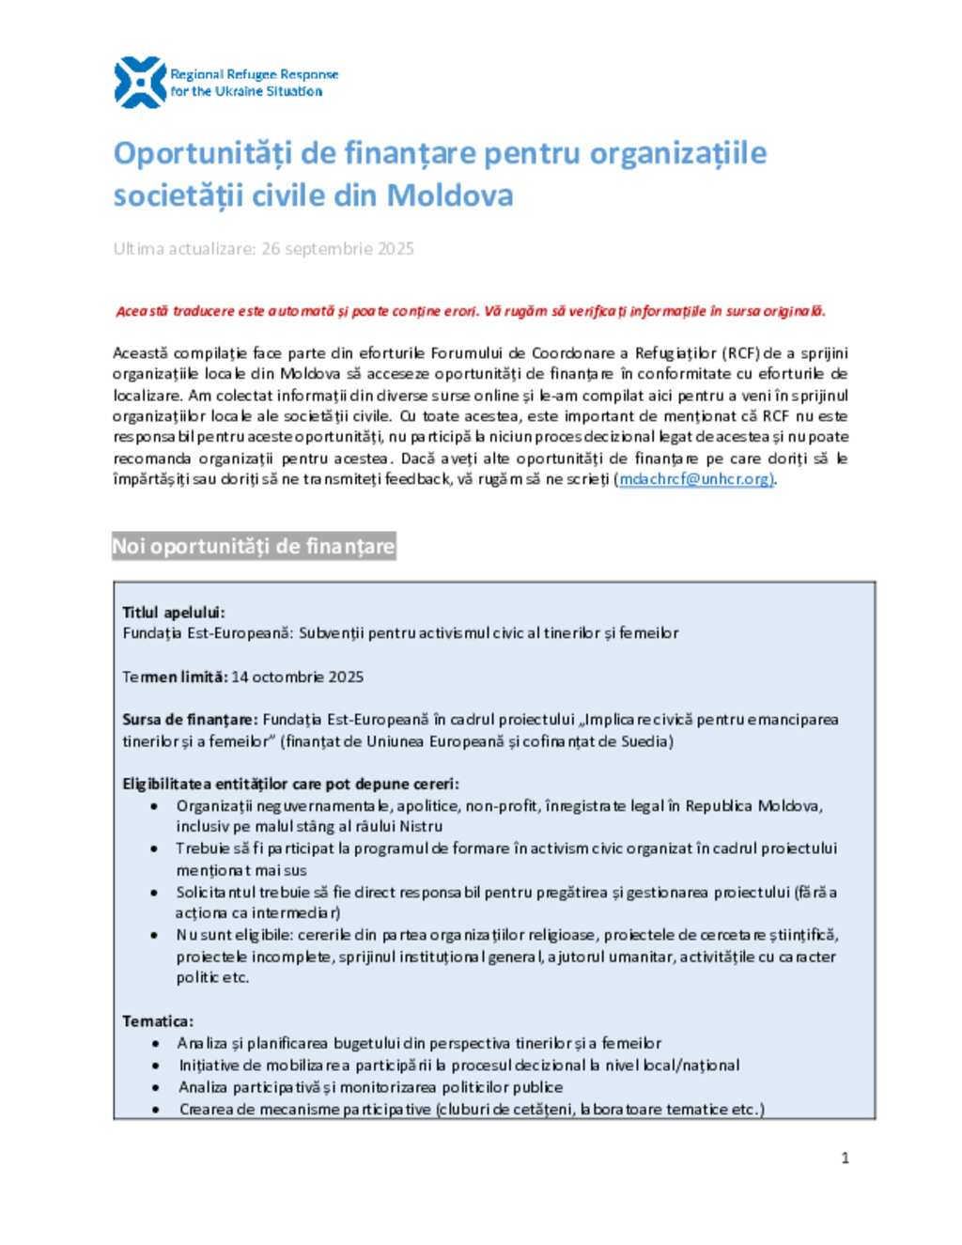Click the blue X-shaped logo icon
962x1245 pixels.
(x=140, y=83)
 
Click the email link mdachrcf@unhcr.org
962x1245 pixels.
(x=695, y=479)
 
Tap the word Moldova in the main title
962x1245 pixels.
(x=450, y=195)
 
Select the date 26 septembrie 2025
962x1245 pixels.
(x=337, y=249)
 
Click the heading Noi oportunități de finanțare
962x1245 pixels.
(x=253, y=547)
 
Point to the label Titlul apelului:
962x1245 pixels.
(x=174, y=613)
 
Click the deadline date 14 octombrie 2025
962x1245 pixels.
(x=297, y=677)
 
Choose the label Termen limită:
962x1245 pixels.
(x=175, y=677)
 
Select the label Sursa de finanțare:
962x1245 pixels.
(x=190, y=720)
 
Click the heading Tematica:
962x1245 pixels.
(x=158, y=1021)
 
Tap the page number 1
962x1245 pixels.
(x=845, y=1158)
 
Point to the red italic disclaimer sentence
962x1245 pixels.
(x=471, y=311)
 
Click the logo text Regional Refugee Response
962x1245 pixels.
(x=254, y=74)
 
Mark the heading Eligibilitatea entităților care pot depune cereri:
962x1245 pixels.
(x=290, y=784)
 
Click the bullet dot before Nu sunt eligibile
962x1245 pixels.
(x=154, y=935)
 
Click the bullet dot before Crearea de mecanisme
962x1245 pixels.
(x=154, y=1110)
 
